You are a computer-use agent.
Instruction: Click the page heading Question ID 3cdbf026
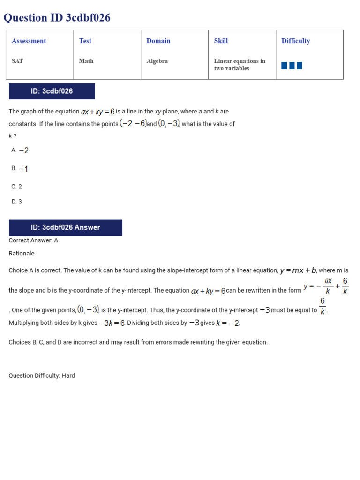pos(57,18)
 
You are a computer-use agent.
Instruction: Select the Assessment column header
pos(29,41)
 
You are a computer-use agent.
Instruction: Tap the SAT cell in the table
pos(17,61)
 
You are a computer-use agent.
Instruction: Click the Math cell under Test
pos(86,61)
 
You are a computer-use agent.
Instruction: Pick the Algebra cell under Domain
pos(157,61)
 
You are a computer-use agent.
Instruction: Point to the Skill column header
pos(221,41)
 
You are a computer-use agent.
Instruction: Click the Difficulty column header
pos(296,41)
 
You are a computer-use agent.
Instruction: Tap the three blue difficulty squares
pos(292,66)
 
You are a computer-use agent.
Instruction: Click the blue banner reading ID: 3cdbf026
pos(52,91)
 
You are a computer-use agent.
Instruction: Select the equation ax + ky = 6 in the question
pos(97,112)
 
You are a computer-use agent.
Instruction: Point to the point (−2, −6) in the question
pos(133,124)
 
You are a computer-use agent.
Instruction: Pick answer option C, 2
pos(16,187)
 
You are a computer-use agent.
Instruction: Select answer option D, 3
pos(16,202)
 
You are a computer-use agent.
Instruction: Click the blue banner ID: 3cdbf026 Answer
pos(65,228)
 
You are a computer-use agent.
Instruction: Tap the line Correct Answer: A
pos(33,240)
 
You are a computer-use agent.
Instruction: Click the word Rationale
pos(22,254)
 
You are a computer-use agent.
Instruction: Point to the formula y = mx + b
pos(298,270)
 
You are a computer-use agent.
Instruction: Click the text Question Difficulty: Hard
pos(42,375)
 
